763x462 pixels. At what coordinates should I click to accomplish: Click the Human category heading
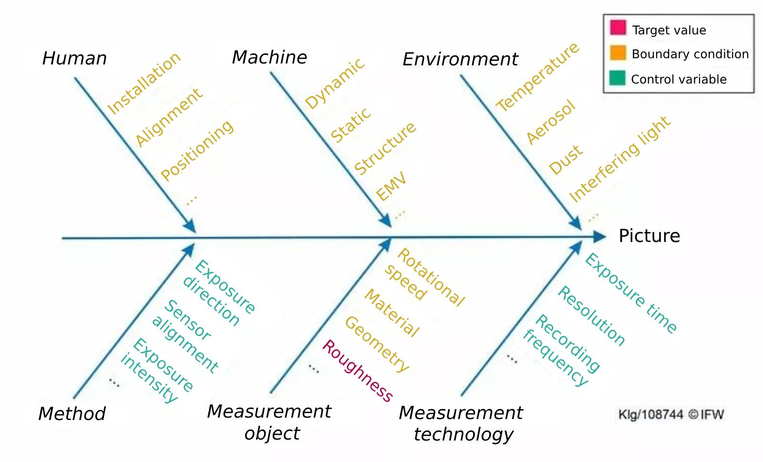point(74,58)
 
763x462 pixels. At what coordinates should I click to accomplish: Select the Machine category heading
point(269,57)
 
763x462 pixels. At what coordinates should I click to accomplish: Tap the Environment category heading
point(460,59)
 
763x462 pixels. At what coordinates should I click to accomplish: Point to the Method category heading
point(72,414)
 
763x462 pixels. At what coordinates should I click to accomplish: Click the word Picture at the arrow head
point(649,236)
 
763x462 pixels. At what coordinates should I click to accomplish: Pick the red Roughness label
point(357,371)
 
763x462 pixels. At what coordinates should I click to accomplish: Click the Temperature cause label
point(537,77)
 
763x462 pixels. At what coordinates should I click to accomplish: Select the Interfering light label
point(620,159)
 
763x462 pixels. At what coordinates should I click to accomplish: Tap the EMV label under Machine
point(391,186)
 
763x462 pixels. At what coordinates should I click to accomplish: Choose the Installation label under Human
point(144,84)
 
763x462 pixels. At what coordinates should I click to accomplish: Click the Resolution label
point(591,316)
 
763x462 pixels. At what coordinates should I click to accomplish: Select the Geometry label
point(377,344)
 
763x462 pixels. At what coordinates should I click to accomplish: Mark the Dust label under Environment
point(566,159)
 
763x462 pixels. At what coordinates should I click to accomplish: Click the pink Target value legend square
point(618,28)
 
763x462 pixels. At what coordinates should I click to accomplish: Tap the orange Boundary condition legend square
point(618,53)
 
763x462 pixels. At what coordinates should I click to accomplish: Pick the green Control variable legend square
point(617,78)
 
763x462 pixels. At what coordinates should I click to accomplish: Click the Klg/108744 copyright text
point(670,415)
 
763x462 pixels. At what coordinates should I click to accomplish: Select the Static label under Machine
point(351,125)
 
